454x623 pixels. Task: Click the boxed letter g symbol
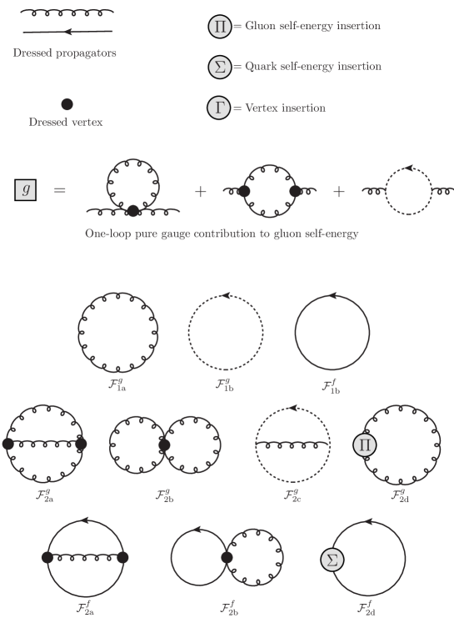click(x=25, y=190)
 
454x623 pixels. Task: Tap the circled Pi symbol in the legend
click(x=219, y=26)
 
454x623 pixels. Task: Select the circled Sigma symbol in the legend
click(x=219, y=67)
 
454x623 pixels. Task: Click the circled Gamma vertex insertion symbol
click(x=218, y=108)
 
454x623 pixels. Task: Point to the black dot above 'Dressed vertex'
click(x=67, y=104)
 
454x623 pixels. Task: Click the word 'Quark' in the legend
click(x=260, y=67)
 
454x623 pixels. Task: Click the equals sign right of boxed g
click(x=59, y=190)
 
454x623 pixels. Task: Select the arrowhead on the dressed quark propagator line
click(x=68, y=32)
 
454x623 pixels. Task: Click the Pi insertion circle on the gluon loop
click(x=364, y=445)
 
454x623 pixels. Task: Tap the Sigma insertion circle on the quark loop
click(x=332, y=560)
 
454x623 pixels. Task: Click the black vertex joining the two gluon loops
click(x=164, y=445)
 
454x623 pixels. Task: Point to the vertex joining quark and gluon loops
click(x=227, y=557)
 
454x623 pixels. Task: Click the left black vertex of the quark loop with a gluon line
click(x=47, y=557)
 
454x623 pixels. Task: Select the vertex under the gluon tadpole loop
click(x=133, y=210)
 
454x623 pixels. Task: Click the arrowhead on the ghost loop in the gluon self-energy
click(x=409, y=168)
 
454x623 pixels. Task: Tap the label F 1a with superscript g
click(x=117, y=385)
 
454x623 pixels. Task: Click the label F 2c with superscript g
click(x=292, y=496)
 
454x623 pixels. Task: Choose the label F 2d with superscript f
click(x=367, y=609)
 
